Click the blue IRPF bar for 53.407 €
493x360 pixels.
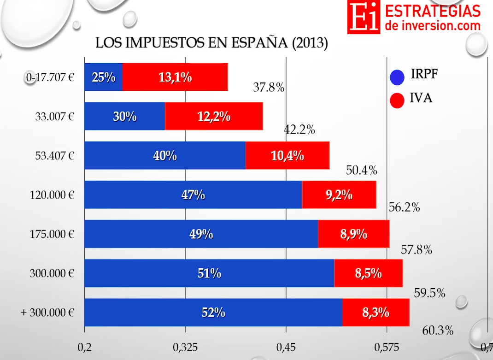(x=164, y=155)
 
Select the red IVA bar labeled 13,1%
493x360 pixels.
(x=175, y=77)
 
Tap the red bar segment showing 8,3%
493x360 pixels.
(x=376, y=313)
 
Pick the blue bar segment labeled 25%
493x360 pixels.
(x=103, y=77)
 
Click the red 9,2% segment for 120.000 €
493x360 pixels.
(x=339, y=195)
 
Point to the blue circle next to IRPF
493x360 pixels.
(x=397, y=77)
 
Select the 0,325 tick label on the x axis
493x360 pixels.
(x=185, y=347)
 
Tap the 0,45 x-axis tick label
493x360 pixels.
(x=286, y=347)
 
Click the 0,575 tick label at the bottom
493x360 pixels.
(x=387, y=347)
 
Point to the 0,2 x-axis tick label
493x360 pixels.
(x=84, y=347)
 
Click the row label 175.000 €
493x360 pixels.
(x=52, y=234)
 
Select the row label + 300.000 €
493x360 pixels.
(x=47, y=313)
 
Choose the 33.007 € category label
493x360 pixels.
(x=54, y=116)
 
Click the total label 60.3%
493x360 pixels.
(x=438, y=330)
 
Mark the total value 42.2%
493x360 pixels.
(x=299, y=130)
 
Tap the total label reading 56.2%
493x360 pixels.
(x=404, y=207)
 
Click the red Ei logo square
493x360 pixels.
(x=364, y=17)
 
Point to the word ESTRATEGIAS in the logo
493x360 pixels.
(x=432, y=11)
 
